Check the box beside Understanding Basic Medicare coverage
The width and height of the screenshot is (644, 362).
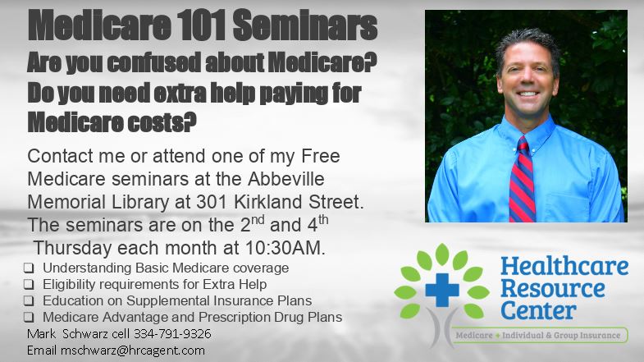[29, 268]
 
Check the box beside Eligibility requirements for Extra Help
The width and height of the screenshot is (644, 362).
[29, 285]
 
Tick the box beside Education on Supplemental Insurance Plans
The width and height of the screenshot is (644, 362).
[29, 301]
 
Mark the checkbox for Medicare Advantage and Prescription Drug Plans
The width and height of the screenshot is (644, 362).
[29, 317]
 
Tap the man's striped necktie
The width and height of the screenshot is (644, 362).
[521, 181]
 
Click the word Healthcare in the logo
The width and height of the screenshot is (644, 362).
[564, 268]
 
